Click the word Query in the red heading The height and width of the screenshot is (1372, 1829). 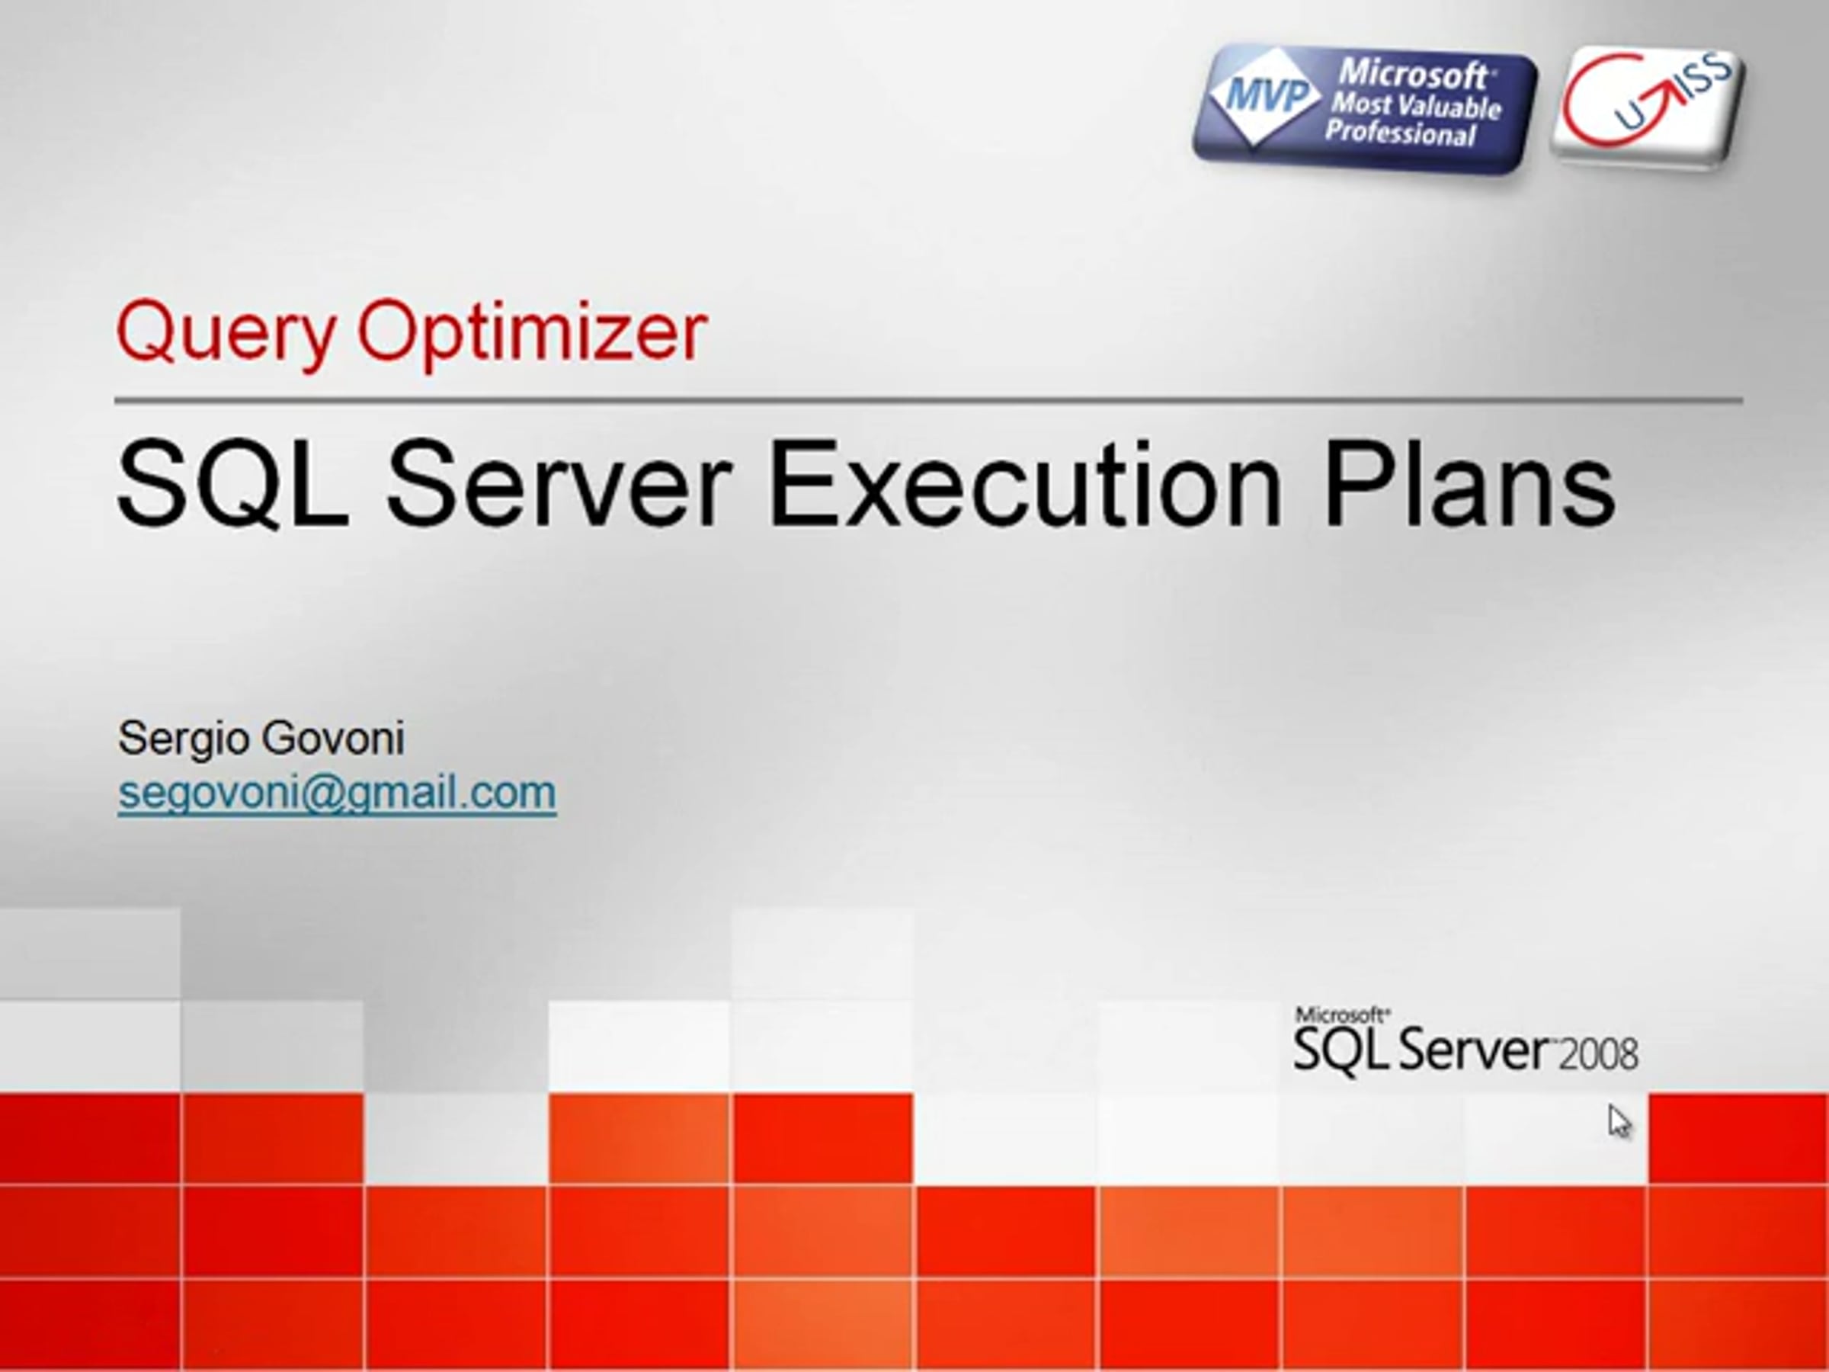226,334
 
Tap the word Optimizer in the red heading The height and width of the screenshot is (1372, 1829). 532,334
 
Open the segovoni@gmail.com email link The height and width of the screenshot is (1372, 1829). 337,793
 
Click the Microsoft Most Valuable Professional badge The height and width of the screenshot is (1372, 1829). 1364,108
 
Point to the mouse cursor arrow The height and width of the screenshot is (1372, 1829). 1619,1122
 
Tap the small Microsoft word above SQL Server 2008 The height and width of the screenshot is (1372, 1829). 1341,1015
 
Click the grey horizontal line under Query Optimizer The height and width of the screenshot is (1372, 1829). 928,401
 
